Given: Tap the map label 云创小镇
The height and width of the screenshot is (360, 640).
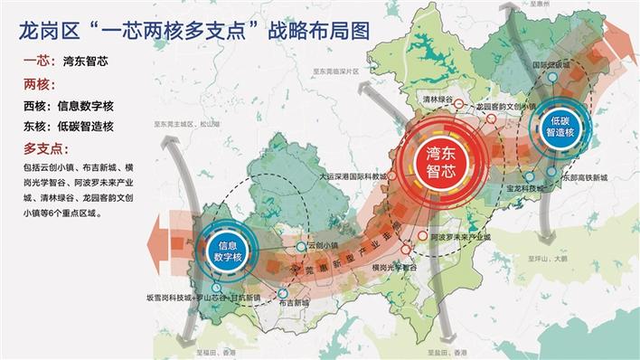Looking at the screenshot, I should (323, 245).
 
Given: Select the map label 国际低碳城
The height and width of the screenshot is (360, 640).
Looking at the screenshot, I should (552, 66).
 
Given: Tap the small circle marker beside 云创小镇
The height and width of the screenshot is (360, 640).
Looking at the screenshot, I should (302, 245).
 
